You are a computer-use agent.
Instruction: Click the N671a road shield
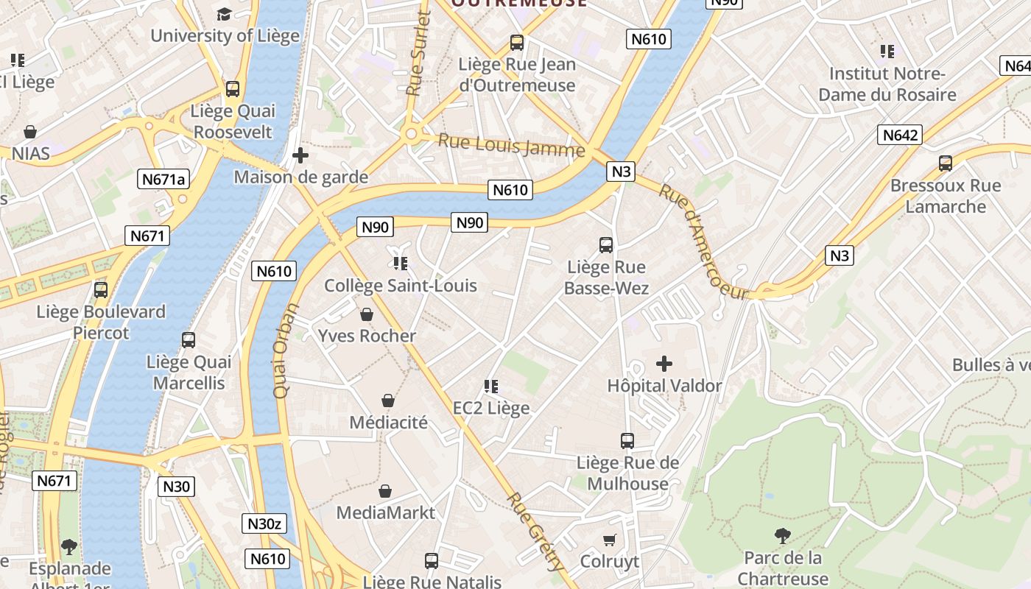[x=163, y=179]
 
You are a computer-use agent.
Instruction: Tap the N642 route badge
[x=900, y=135]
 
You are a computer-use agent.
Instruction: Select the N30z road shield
[x=264, y=523]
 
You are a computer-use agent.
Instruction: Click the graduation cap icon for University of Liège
[x=224, y=14]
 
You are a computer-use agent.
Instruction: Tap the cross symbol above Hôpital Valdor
[x=664, y=364]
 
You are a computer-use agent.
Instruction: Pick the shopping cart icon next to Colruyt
[x=609, y=540]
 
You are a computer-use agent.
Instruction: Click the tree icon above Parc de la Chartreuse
[x=783, y=536]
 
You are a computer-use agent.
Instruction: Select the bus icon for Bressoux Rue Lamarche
[x=946, y=163]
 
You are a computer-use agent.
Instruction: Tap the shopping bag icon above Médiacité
[x=388, y=401]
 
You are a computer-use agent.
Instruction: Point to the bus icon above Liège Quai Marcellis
[x=189, y=340]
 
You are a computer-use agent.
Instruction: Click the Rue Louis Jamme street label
[x=511, y=145]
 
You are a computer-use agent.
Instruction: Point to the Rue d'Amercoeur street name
[x=703, y=242]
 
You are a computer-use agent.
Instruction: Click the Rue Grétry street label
[x=535, y=532]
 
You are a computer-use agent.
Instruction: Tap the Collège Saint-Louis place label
[x=401, y=286]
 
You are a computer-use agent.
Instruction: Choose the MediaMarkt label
[x=386, y=512]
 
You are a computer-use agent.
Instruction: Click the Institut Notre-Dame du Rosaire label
[x=887, y=84]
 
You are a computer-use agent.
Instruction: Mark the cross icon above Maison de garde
[x=300, y=155]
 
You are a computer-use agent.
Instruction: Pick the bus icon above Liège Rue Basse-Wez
[x=606, y=244]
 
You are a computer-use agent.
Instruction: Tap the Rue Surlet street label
[x=418, y=54]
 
